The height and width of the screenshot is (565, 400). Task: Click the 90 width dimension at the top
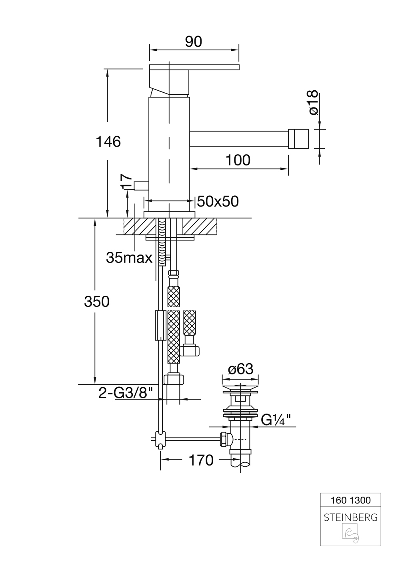tap(194, 42)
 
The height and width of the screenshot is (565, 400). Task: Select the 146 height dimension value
tap(108, 141)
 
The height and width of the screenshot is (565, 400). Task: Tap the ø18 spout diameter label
tap(313, 103)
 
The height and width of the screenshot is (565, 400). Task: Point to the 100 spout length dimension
tap(238, 160)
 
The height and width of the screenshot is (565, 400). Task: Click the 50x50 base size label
tap(218, 202)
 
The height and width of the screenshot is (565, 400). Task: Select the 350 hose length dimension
tap(96, 301)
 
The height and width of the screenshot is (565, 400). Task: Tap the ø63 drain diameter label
tap(240, 369)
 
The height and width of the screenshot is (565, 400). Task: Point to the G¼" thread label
tap(276, 420)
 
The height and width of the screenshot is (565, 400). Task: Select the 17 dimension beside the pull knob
tap(126, 182)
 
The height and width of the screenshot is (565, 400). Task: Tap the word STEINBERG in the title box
tap(350, 517)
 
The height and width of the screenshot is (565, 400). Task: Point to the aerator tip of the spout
tap(298, 139)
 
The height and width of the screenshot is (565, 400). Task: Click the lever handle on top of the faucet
tap(194, 67)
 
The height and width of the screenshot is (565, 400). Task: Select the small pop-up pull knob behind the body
tap(141, 185)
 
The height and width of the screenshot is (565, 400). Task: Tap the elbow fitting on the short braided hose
tap(190, 350)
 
